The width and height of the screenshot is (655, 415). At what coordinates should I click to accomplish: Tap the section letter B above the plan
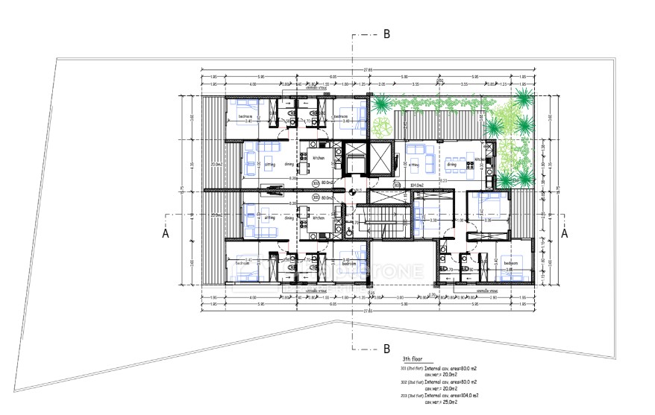point(386,34)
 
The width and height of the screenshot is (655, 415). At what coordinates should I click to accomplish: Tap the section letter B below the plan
point(386,348)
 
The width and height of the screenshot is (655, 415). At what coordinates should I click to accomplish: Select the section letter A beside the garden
point(565,232)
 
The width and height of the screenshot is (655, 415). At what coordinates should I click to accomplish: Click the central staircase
point(387,222)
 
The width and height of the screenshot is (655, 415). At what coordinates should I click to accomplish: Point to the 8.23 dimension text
point(444,180)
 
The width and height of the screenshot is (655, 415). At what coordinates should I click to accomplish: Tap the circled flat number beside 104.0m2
point(397,185)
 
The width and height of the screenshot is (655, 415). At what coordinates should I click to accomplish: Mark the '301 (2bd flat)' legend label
point(413,368)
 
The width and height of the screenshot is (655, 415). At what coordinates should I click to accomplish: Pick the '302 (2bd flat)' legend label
point(413,381)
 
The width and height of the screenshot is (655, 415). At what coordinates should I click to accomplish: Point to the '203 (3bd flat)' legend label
point(413,395)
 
